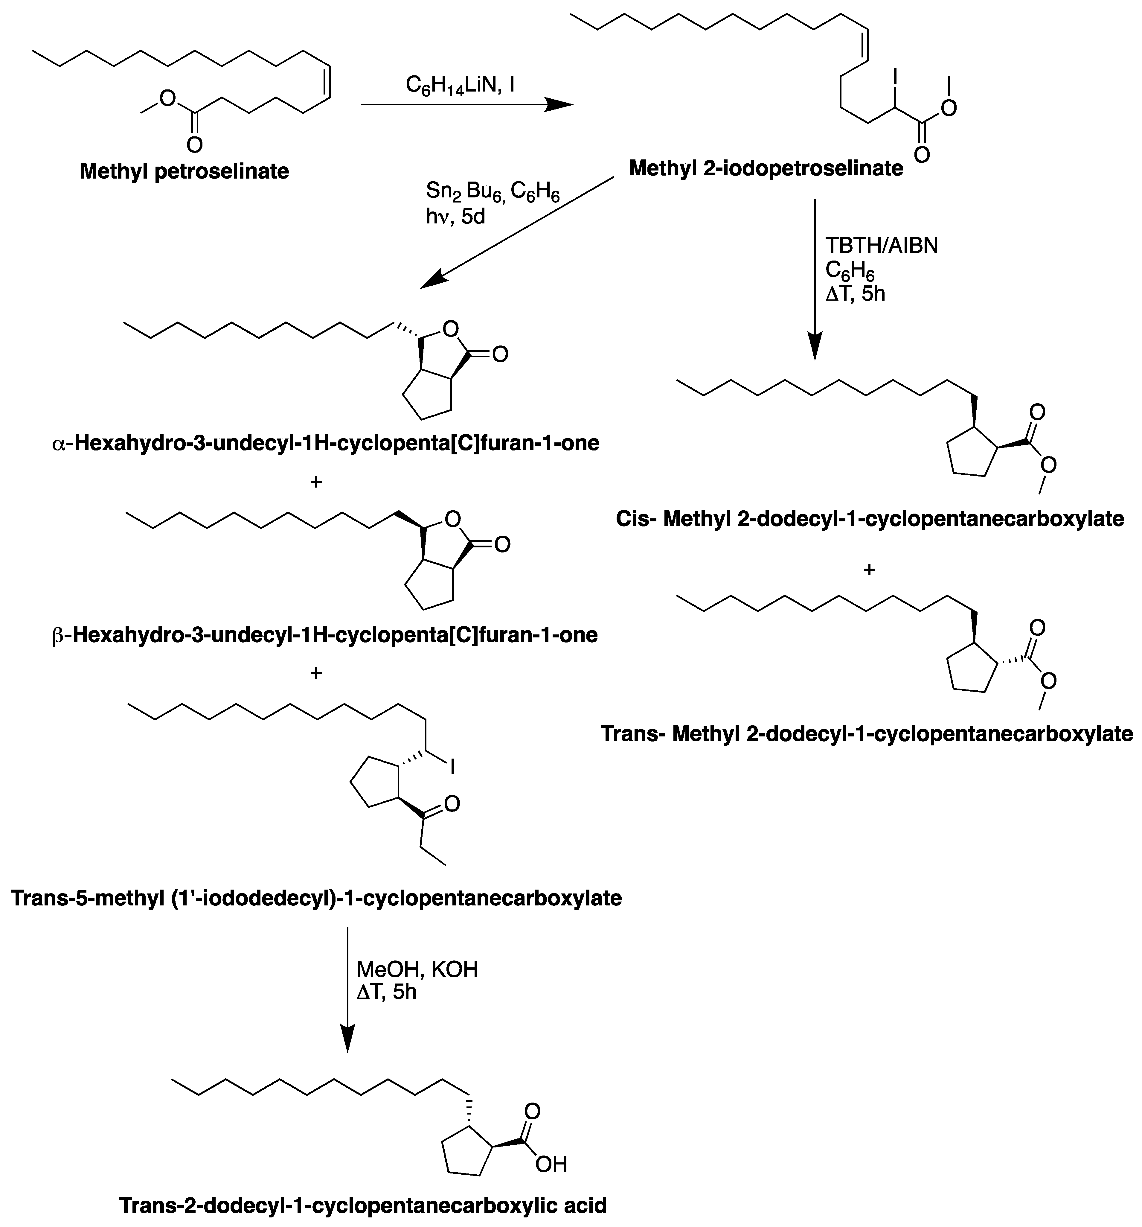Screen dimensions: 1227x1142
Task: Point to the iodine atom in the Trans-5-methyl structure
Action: click(453, 767)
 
